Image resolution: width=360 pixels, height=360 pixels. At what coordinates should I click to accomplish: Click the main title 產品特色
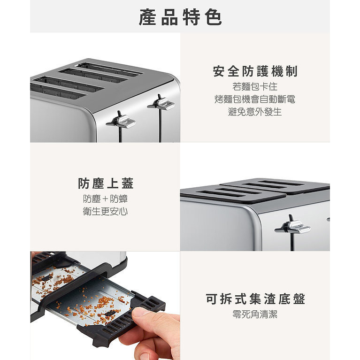(x=180, y=17)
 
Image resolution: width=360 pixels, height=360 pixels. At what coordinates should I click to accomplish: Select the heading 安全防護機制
(x=255, y=72)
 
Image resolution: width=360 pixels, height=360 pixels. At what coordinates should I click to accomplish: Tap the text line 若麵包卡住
(x=255, y=87)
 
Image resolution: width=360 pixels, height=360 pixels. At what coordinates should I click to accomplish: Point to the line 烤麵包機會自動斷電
(x=255, y=100)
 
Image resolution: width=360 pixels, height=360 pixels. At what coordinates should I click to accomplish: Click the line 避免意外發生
(x=255, y=112)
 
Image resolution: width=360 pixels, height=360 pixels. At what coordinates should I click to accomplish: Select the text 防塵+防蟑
(x=106, y=199)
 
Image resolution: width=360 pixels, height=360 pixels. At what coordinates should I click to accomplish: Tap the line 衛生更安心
(x=106, y=211)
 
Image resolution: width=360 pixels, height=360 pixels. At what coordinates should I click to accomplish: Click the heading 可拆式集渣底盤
(x=255, y=299)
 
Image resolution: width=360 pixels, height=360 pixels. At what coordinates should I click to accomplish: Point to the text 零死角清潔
(x=255, y=314)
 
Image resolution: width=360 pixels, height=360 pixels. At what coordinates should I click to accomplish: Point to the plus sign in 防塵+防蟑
(x=106, y=199)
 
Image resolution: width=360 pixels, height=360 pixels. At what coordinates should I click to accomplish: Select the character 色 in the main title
(x=214, y=17)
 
